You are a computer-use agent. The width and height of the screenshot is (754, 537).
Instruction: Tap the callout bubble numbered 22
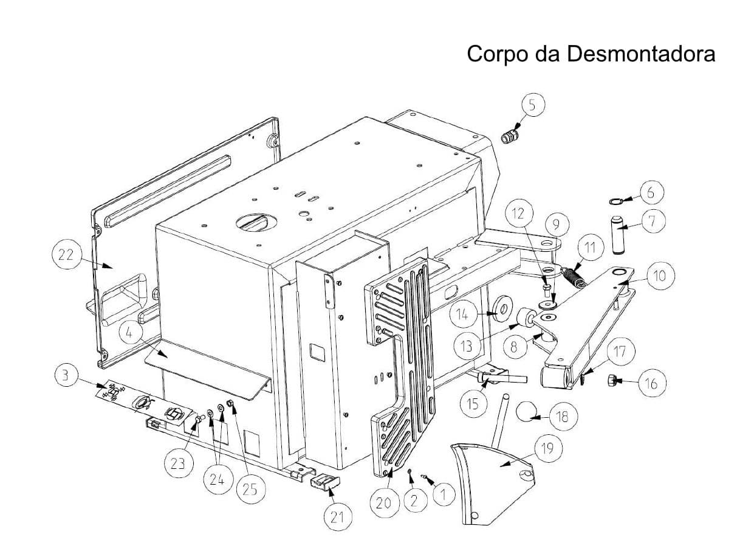pyautogui.click(x=66, y=255)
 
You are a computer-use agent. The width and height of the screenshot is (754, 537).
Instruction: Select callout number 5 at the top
pyautogui.click(x=532, y=105)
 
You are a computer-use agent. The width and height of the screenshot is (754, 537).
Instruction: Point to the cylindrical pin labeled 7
pyautogui.click(x=620, y=235)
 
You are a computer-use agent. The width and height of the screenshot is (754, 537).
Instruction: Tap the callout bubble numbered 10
pyautogui.click(x=659, y=275)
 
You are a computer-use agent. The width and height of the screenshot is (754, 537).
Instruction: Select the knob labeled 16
pyautogui.click(x=614, y=381)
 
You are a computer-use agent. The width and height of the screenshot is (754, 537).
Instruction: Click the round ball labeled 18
pyautogui.click(x=526, y=413)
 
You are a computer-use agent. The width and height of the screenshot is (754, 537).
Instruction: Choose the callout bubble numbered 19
pyautogui.click(x=548, y=448)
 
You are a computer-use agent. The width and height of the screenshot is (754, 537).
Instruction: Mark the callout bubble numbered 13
pyautogui.click(x=467, y=346)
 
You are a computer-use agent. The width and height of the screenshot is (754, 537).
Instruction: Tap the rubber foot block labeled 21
pyautogui.click(x=325, y=483)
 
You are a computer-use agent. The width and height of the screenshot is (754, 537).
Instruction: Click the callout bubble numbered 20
pyautogui.click(x=383, y=503)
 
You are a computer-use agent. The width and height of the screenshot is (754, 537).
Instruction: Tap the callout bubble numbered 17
pyautogui.click(x=620, y=351)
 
